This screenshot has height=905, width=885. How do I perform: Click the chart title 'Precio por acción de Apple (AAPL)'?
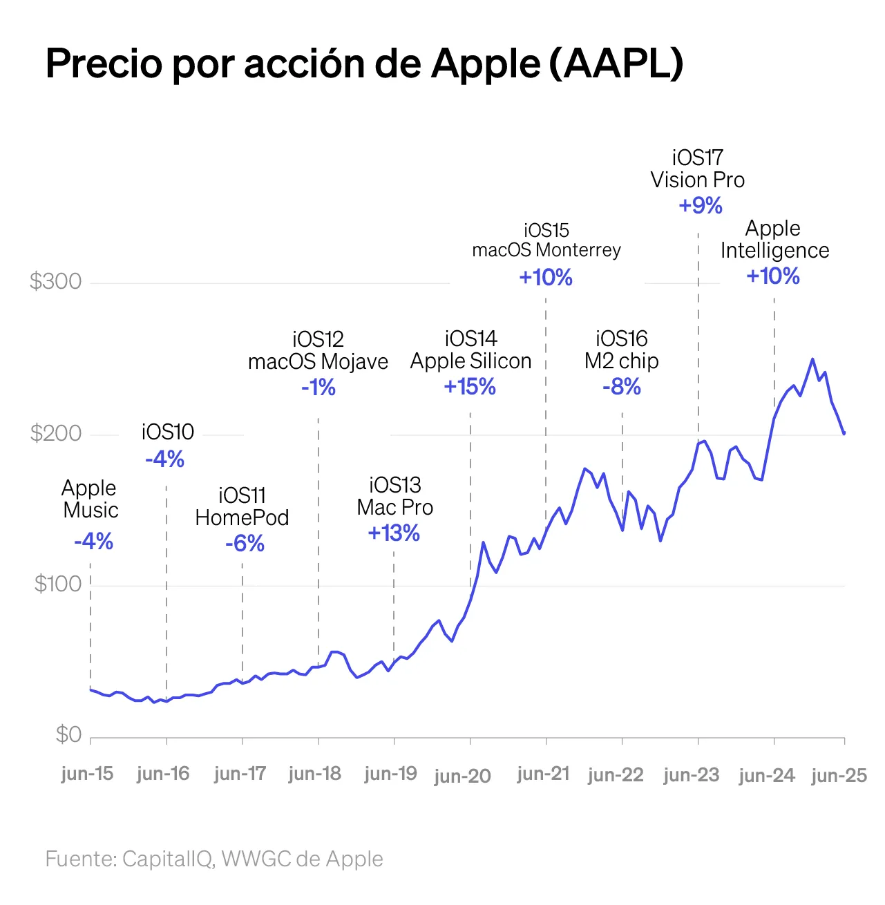click(364, 64)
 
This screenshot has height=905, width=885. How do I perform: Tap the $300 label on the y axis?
click(55, 281)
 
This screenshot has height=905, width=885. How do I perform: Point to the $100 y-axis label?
click(58, 584)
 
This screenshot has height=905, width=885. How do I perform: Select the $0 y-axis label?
click(68, 734)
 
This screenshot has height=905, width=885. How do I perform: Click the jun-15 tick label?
click(87, 773)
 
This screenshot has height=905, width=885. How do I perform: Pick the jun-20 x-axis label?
click(462, 776)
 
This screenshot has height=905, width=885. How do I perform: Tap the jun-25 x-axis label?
click(839, 775)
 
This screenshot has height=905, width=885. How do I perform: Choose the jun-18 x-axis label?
click(314, 773)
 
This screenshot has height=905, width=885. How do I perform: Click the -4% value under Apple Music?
click(93, 541)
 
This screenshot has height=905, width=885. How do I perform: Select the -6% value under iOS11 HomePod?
click(245, 544)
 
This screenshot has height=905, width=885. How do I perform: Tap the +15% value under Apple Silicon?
click(470, 387)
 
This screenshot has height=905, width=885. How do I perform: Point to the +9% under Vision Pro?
click(701, 205)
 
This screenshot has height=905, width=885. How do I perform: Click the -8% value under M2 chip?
click(622, 387)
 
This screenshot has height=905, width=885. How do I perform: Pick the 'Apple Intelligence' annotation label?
click(774, 239)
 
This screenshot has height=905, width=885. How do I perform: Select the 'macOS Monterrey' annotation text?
click(546, 249)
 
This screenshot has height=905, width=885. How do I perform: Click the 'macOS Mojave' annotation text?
click(318, 361)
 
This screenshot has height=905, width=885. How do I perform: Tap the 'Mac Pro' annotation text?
click(394, 507)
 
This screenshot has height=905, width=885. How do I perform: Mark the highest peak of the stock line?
click(812, 359)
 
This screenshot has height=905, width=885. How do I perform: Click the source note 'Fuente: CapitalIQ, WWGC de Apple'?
click(214, 859)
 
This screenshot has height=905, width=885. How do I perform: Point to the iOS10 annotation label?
click(168, 432)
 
